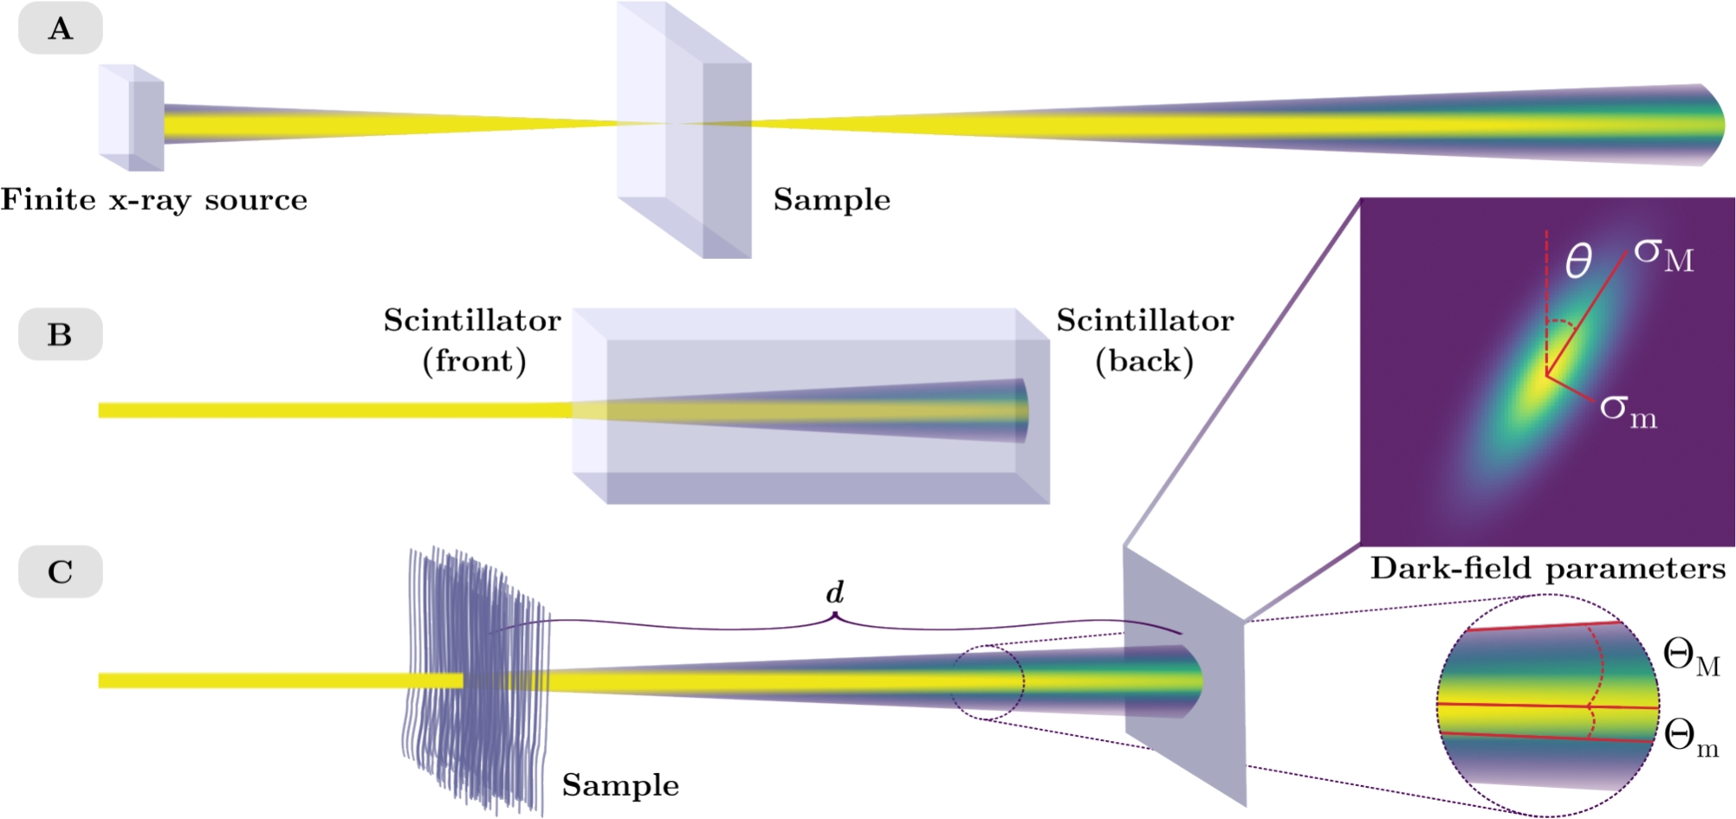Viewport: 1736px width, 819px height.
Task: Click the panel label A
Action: click(x=60, y=29)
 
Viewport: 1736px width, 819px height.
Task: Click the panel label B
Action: click(x=60, y=334)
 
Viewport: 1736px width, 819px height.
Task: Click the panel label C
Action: click(x=60, y=571)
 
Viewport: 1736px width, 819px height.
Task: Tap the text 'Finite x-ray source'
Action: click(x=154, y=200)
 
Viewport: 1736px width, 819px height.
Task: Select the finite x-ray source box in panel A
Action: click(x=132, y=118)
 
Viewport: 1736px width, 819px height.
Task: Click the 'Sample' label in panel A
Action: click(x=832, y=200)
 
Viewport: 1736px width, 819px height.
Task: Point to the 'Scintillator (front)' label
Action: click(x=473, y=340)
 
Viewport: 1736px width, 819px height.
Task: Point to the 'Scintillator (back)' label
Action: click(x=1144, y=340)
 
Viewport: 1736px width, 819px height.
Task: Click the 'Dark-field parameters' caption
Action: click(x=1548, y=569)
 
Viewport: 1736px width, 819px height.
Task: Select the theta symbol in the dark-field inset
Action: click(x=1578, y=260)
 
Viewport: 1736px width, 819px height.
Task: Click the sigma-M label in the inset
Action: click(x=1663, y=255)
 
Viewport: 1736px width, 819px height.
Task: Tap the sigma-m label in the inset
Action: click(x=1628, y=410)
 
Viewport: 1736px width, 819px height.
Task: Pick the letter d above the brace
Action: click(x=834, y=592)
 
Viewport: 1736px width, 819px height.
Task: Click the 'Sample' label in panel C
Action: click(x=620, y=785)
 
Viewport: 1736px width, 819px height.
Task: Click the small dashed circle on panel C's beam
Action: click(x=988, y=681)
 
